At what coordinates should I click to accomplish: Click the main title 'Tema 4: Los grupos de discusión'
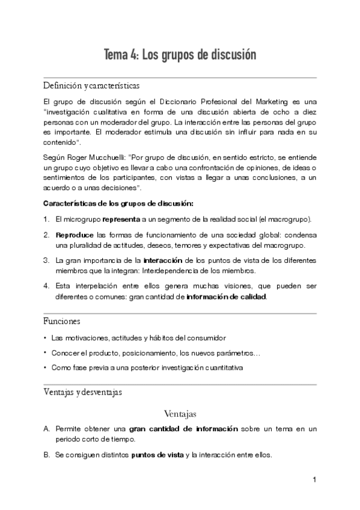(180, 55)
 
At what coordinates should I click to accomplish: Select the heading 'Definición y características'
(92, 85)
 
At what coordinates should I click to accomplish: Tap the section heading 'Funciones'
(62, 321)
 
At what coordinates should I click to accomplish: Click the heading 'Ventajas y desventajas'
(83, 392)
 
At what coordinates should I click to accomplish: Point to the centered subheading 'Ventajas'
(180, 414)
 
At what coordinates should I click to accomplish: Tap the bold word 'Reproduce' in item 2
(74, 235)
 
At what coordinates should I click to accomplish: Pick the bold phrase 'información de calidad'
(226, 296)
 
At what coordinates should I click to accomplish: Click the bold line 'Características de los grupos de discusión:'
(118, 203)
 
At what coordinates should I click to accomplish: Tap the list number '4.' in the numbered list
(47, 286)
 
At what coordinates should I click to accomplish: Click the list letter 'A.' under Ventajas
(47, 429)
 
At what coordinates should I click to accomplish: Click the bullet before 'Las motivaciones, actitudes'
(45, 338)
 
